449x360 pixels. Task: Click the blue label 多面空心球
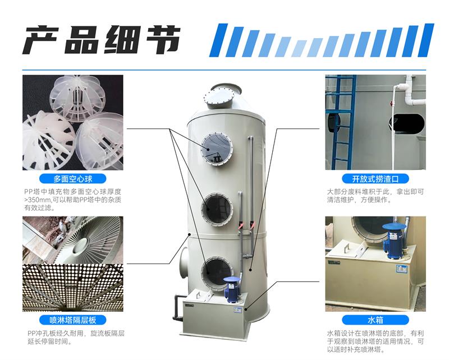point(73,179)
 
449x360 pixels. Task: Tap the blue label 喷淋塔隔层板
point(73,320)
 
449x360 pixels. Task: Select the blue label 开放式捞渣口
point(375,179)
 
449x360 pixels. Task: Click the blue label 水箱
point(375,320)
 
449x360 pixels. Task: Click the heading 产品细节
point(102,40)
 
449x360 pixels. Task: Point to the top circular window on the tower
point(217,149)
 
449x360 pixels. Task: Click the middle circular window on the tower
point(217,209)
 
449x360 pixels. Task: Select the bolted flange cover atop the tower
point(219,98)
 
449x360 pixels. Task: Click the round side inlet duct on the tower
point(184,260)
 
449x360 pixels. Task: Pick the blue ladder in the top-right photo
point(340,122)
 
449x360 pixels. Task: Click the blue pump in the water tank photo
point(394,240)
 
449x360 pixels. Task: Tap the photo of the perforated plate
point(73,288)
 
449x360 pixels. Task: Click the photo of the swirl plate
point(73,240)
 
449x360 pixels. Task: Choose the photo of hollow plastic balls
point(73,122)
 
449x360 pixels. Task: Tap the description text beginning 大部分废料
point(375,196)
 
